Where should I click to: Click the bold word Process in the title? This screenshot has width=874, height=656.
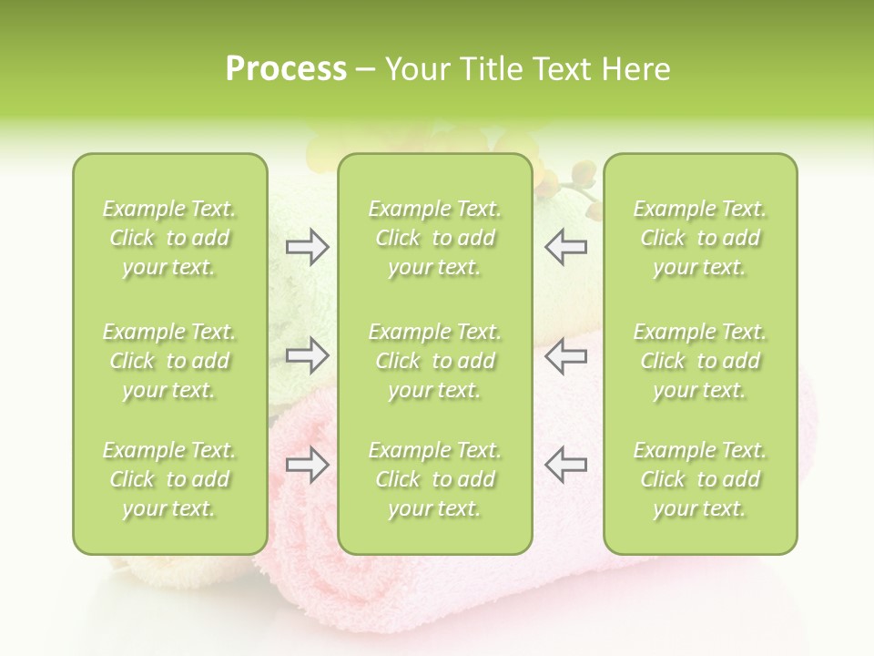coord(286,69)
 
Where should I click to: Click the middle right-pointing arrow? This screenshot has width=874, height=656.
coord(308,355)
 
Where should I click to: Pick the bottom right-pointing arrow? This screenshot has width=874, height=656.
coord(308,465)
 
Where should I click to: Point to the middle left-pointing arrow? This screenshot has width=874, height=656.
coord(565,355)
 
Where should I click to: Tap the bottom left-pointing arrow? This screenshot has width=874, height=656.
coord(565,465)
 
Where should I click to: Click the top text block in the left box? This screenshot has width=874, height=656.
coord(169,238)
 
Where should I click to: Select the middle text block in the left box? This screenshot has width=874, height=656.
coord(169,361)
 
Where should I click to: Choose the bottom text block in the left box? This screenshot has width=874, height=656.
coord(169,479)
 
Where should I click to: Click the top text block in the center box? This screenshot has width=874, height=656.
coord(435,238)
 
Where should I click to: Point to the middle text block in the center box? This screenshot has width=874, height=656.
coord(435,361)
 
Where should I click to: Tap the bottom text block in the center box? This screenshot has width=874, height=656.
coord(435,479)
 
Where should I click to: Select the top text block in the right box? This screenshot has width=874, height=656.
coord(700,238)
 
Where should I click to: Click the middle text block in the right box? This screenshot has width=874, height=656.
coord(700,361)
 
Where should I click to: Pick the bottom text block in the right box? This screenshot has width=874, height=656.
coord(700,479)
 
